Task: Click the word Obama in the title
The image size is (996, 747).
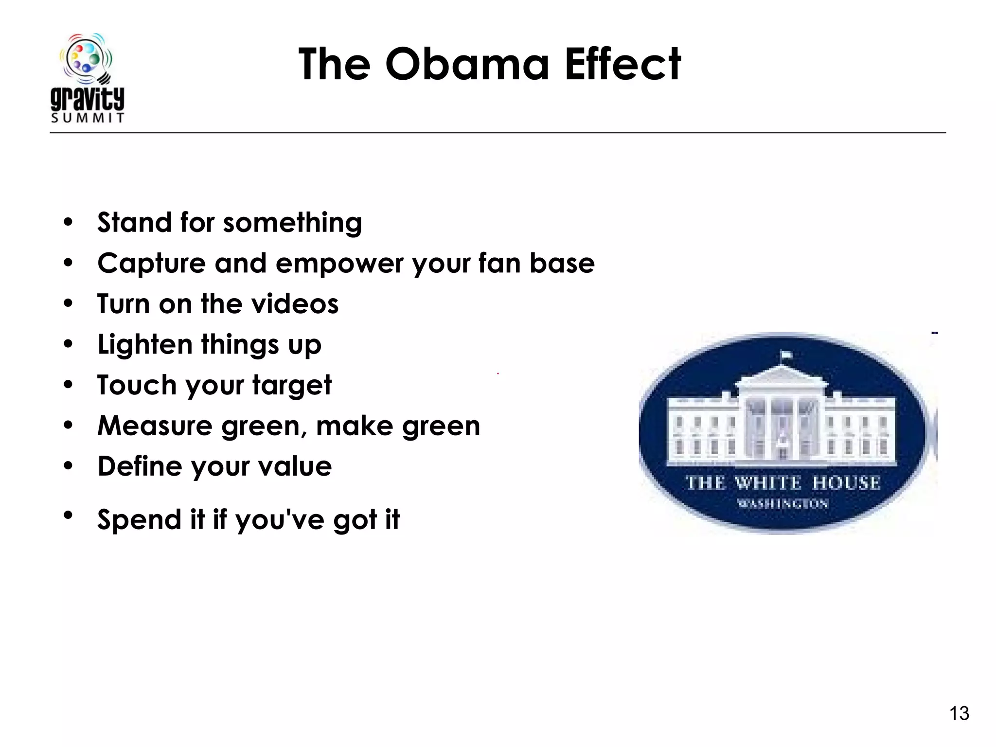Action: pyautogui.click(x=467, y=64)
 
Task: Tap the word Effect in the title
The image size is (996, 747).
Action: pyautogui.click(x=622, y=64)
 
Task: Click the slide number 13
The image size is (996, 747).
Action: pyautogui.click(x=959, y=713)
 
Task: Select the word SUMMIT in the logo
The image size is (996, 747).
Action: pyautogui.click(x=88, y=118)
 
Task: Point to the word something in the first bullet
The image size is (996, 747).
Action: pyautogui.click(x=292, y=223)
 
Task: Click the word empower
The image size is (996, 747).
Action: pyautogui.click(x=339, y=264)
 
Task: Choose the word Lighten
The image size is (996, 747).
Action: pyautogui.click(x=145, y=345)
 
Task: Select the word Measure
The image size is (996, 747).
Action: pyautogui.click(x=155, y=426)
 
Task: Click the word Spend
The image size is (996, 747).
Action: pyautogui.click(x=139, y=520)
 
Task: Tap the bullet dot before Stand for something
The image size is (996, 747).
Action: pyautogui.click(x=68, y=223)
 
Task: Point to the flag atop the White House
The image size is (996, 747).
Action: pyautogui.click(x=785, y=355)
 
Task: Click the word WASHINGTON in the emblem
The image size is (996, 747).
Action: pyautogui.click(x=783, y=504)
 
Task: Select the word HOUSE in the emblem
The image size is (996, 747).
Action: pyautogui.click(x=846, y=483)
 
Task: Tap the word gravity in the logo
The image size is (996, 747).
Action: pyautogui.click(x=88, y=99)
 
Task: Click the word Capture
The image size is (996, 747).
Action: pyautogui.click(x=151, y=264)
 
